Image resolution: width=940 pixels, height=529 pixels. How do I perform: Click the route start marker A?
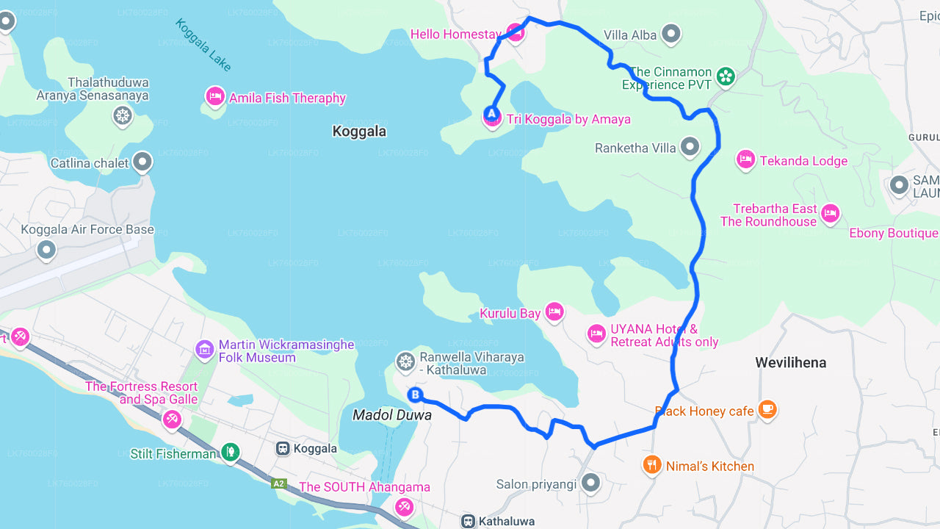(491, 115)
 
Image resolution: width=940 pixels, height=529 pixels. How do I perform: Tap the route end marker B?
(415, 395)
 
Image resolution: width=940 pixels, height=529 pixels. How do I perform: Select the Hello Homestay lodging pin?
(516, 32)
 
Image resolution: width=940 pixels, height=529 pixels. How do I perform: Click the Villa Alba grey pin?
(670, 33)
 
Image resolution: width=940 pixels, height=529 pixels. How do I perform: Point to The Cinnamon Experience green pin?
(726, 76)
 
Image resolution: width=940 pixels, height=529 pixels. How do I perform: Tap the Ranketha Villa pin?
(690, 147)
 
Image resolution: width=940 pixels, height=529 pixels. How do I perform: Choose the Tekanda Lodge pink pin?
(746, 159)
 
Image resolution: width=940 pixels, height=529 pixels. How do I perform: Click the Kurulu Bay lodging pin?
(554, 312)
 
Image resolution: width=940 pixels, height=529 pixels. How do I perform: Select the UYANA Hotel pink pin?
(596, 334)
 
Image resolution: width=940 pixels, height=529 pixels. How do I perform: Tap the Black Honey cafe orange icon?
(767, 409)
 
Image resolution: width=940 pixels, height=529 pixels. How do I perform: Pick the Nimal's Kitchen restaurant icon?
(652, 464)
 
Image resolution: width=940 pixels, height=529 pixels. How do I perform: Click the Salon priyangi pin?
(590, 483)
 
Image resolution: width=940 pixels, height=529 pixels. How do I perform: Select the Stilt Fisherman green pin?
(231, 452)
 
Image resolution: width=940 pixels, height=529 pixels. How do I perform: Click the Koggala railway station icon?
(283, 448)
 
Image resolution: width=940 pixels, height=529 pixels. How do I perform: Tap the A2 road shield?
(278, 483)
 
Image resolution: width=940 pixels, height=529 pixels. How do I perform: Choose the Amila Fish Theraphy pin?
(214, 96)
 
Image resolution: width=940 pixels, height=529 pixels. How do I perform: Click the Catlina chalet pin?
(142, 162)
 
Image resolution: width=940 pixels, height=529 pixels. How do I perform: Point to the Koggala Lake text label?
(203, 45)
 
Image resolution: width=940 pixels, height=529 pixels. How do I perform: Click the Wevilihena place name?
(791, 362)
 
